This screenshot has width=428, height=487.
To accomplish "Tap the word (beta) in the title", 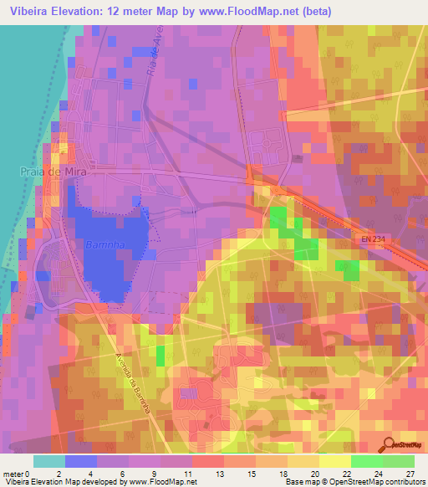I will pyautogui.click(x=316, y=12).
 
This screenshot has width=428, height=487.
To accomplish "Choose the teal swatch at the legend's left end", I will pyautogui.click(x=49, y=461).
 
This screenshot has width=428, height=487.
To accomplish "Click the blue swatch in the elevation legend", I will pyautogui.click(x=81, y=461).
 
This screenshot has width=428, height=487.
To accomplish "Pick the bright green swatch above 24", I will pyautogui.click(x=366, y=461).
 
